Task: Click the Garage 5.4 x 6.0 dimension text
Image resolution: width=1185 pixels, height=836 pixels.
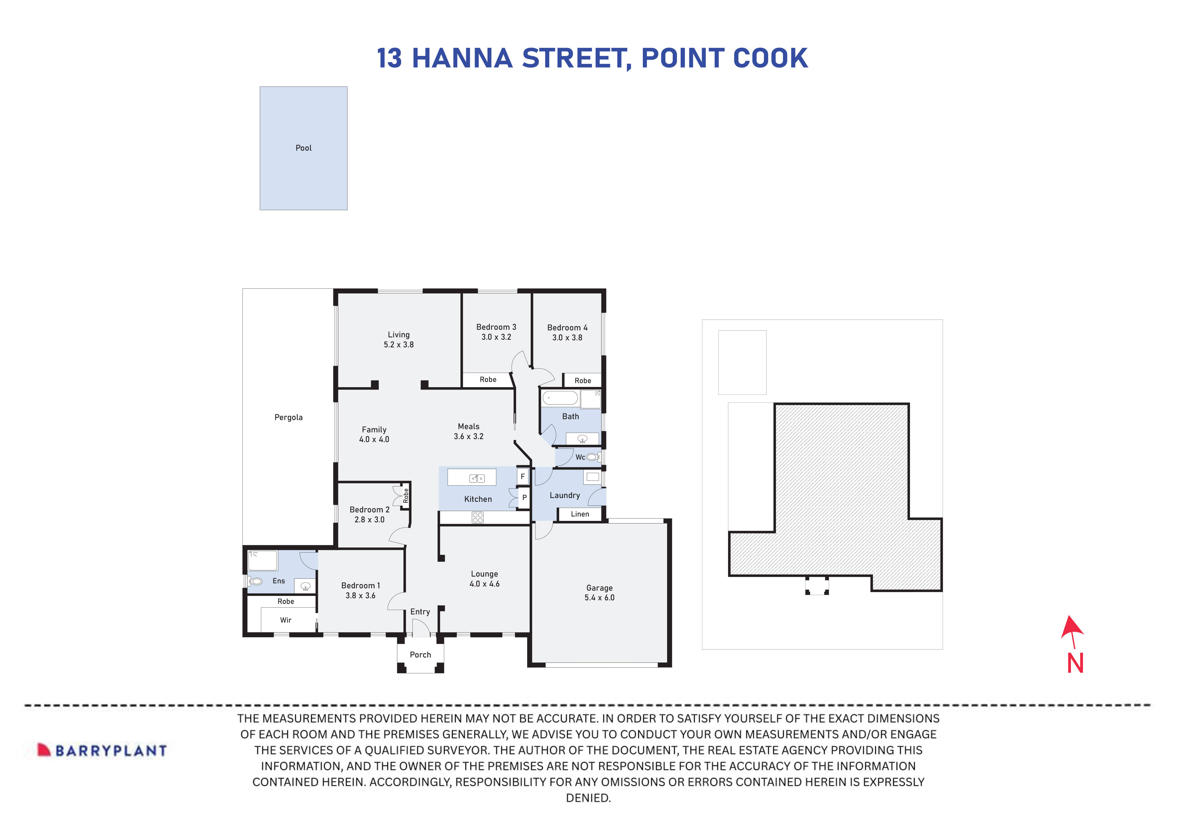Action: point(599,598)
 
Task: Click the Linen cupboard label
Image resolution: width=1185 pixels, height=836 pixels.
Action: point(579,514)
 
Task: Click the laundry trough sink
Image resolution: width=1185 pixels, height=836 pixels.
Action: point(592,477)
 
